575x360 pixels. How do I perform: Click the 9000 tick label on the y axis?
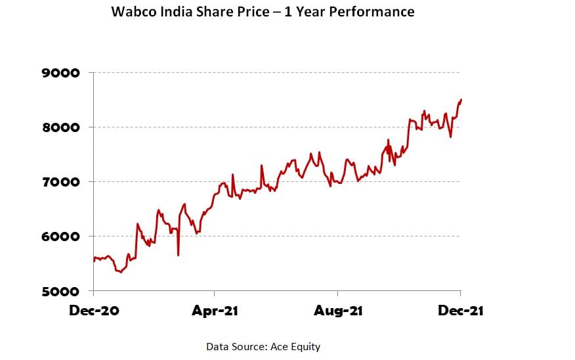click(61, 73)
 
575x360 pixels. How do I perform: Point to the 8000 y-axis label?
click(61, 127)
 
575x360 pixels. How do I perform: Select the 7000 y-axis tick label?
click(61, 182)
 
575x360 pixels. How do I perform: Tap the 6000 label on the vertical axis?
click(61, 236)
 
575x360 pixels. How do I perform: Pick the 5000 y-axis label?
click(61, 291)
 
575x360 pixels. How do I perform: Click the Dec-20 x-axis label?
click(94, 311)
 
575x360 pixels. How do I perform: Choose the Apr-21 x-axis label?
click(215, 311)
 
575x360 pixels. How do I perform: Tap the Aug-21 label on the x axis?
click(337, 311)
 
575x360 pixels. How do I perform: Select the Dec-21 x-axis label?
click(460, 311)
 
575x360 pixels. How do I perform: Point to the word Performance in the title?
click(375, 12)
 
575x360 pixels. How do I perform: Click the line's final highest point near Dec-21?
click(461, 100)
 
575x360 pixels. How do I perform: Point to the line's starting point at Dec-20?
click(94, 261)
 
